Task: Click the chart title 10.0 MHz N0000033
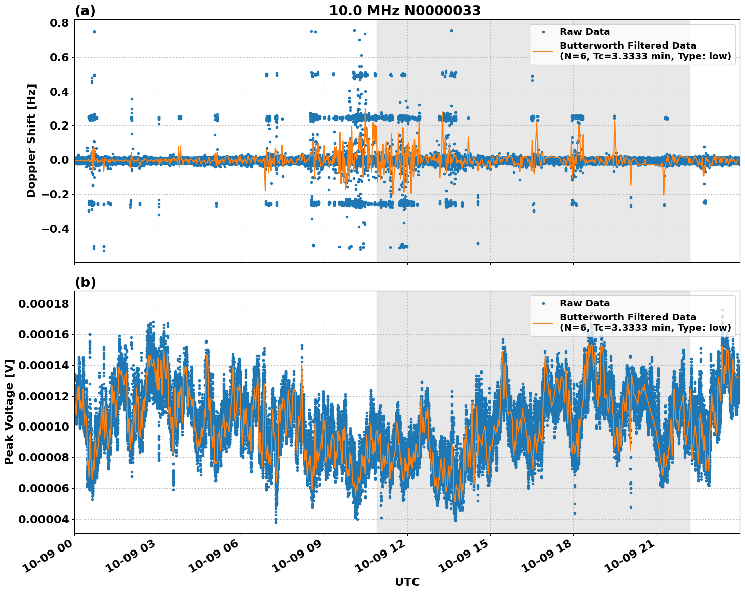pos(404,11)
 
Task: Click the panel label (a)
pos(85,11)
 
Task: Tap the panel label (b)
pos(85,282)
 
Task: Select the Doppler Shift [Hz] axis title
pos(31,141)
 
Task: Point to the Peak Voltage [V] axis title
pos(9,412)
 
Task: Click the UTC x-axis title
pos(407,582)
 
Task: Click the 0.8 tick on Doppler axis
pos(59,23)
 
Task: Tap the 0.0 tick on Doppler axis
pos(59,160)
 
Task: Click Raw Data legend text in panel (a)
pos(585,32)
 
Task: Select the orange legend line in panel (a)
pos(544,51)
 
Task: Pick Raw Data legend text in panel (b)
pos(585,303)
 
